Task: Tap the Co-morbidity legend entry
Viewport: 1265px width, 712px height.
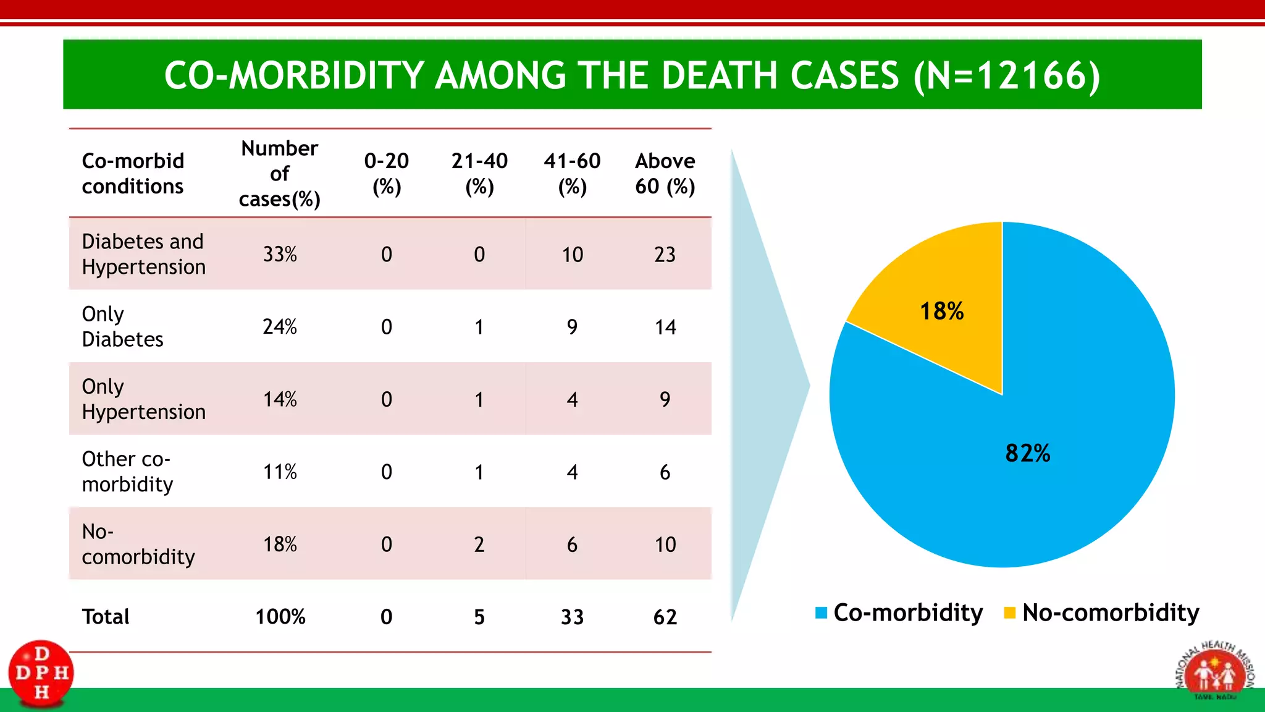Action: tap(899, 612)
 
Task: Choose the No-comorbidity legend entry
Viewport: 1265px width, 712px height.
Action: tap(1102, 612)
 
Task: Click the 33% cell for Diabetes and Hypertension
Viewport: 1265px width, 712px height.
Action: tap(280, 254)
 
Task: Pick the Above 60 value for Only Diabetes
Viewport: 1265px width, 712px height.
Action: tap(665, 327)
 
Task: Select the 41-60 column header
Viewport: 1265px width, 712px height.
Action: tap(572, 174)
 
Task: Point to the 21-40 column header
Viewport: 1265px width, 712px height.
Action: tap(479, 174)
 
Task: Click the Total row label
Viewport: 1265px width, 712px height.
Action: tap(106, 617)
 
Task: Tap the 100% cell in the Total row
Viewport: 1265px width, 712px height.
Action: tap(280, 617)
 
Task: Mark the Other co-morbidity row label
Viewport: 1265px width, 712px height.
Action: tap(127, 472)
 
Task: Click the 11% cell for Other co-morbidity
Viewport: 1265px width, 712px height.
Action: tap(280, 472)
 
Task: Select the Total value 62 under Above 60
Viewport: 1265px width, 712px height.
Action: tap(665, 617)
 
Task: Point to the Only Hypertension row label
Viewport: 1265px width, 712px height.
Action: tap(143, 399)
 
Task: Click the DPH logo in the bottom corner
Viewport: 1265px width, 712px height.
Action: tap(41, 673)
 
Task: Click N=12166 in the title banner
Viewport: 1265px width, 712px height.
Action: tap(1007, 75)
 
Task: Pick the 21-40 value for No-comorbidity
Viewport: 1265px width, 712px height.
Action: tap(479, 545)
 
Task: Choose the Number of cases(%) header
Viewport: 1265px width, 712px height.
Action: tap(280, 174)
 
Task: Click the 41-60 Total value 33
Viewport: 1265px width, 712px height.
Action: tap(572, 617)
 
